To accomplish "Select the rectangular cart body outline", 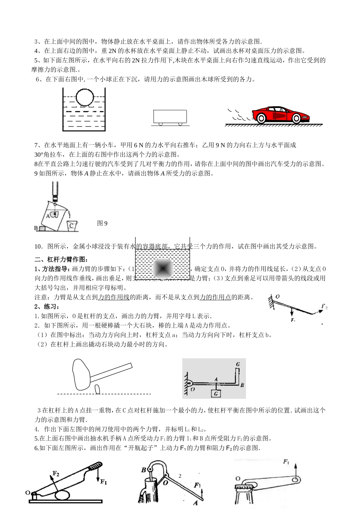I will point(170,116).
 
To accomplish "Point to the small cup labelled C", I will point(71,226).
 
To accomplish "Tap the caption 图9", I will point(102,223).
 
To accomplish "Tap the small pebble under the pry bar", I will point(98,389).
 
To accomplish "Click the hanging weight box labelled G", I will point(216,393).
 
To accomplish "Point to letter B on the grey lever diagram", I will point(242,385).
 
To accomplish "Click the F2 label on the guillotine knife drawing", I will point(56,473).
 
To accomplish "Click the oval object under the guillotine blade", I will point(63,495).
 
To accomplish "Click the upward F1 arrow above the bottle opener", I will point(294,470).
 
